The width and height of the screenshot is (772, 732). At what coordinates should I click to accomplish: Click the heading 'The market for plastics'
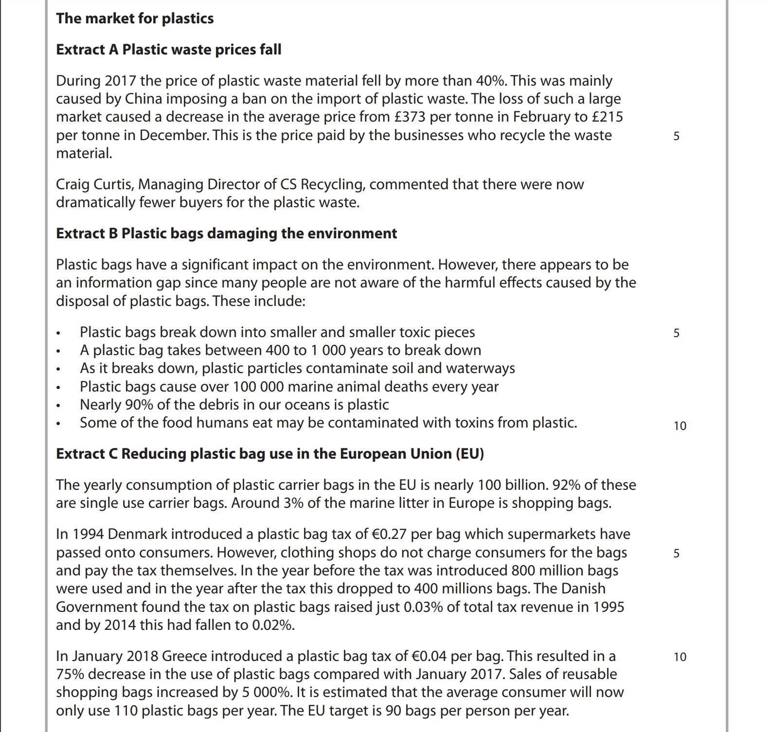(135, 18)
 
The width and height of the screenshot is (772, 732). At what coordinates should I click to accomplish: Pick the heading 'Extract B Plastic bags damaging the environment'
(226, 233)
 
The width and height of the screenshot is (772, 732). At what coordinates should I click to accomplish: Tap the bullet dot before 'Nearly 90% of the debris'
(58, 406)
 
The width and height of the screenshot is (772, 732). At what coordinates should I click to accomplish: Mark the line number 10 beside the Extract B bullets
(680, 426)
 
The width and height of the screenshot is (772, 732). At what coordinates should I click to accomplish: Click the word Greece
(184, 656)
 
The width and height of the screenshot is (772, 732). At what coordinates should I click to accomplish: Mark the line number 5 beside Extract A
(676, 136)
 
